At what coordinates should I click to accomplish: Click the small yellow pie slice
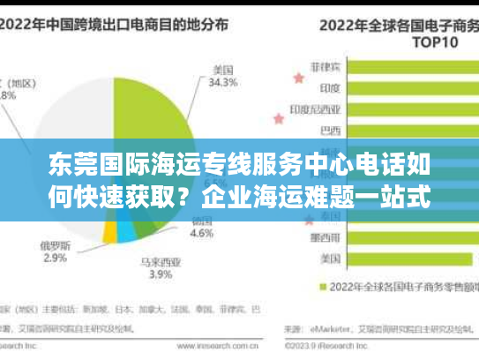point(109,231)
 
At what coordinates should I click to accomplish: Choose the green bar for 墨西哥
point(406,237)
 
